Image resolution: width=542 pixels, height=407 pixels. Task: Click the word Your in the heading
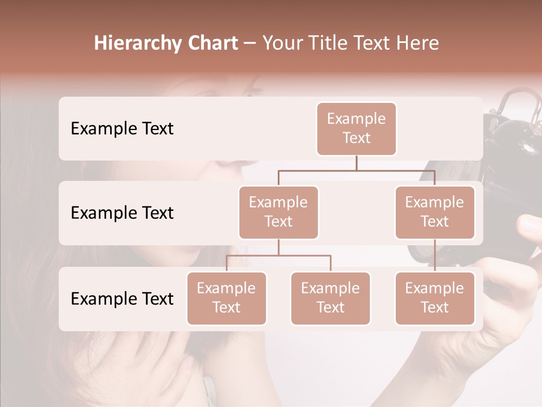(x=282, y=44)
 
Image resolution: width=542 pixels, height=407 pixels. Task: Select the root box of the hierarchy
(x=356, y=129)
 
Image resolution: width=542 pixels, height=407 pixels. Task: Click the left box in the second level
(x=278, y=213)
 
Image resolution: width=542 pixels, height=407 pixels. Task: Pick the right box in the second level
(x=435, y=213)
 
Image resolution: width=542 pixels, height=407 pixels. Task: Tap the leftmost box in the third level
(x=226, y=298)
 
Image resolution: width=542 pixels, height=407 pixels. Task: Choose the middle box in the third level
(x=330, y=298)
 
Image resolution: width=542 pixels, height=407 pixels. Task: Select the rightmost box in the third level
(x=435, y=298)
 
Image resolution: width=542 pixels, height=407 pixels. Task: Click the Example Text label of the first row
(x=122, y=129)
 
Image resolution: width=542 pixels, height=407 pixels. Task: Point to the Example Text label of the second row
(x=122, y=213)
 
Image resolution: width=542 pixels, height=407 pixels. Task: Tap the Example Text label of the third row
(x=122, y=298)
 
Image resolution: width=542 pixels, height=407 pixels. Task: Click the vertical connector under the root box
(x=356, y=163)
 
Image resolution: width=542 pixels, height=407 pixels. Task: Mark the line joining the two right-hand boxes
(x=435, y=256)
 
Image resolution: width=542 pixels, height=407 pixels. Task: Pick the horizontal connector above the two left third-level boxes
(x=278, y=256)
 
